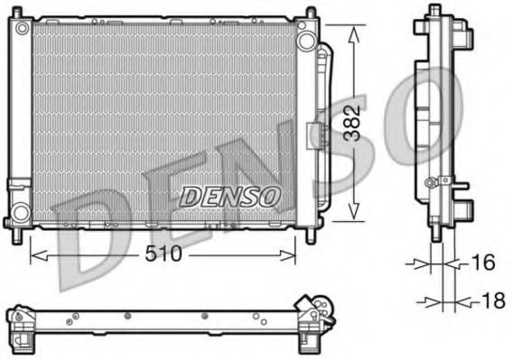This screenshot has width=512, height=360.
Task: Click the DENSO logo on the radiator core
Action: [231, 194]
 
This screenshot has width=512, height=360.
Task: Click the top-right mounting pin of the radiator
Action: [312, 14]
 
